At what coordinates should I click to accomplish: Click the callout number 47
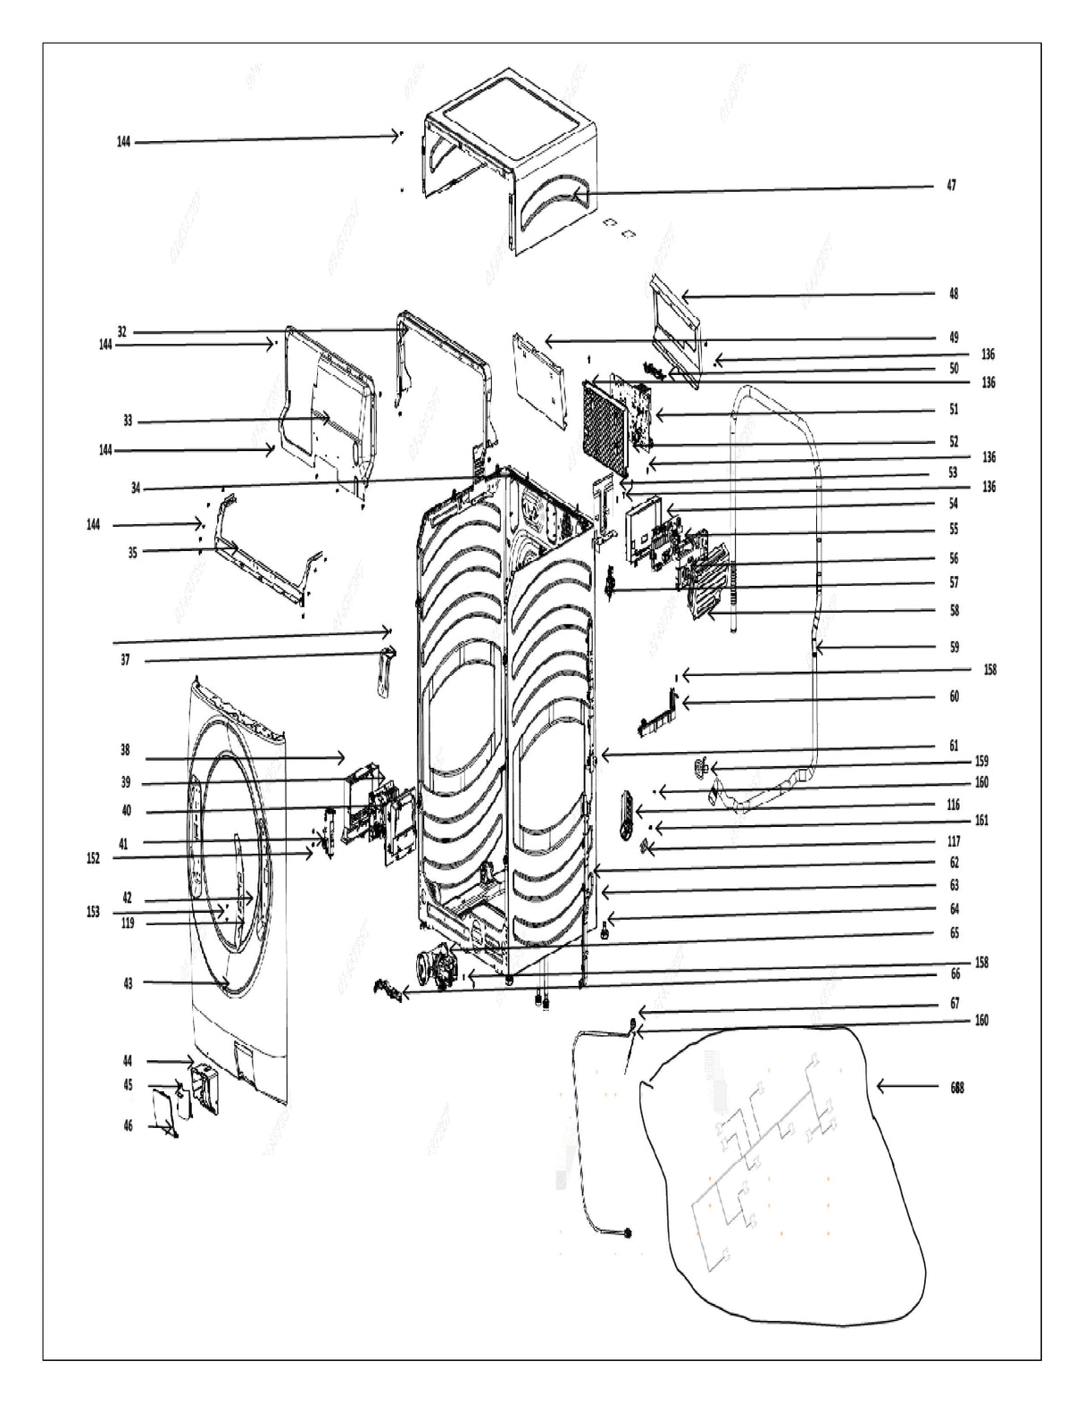pyautogui.click(x=952, y=186)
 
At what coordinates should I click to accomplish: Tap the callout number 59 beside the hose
pyautogui.click(x=954, y=647)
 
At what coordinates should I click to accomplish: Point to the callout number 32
pyautogui.click(x=122, y=332)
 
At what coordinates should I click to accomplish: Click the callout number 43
pyautogui.click(x=128, y=983)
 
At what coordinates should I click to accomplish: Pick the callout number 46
pyautogui.click(x=128, y=1126)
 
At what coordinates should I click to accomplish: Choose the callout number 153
pyautogui.click(x=93, y=913)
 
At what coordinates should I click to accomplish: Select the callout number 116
pyautogui.click(x=954, y=805)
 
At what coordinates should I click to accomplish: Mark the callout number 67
pyautogui.click(x=954, y=1004)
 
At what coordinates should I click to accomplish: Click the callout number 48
pyautogui.click(x=954, y=294)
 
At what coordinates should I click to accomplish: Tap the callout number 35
pyautogui.click(x=132, y=552)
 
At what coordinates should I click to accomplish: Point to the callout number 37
pyautogui.click(x=126, y=661)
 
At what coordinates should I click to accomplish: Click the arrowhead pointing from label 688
pyautogui.click(x=880, y=1087)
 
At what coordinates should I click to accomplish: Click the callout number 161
pyautogui.click(x=981, y=821)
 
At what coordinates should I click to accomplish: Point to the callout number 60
pyautogui.click(x=954, y=697)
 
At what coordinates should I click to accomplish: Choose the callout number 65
pyautogui.click(x=954, y=932)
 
